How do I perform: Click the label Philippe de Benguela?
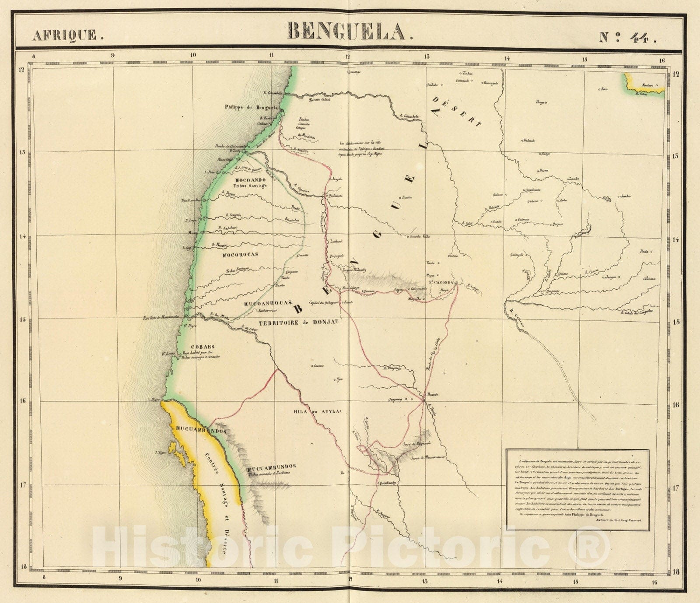click(x=251, y=107)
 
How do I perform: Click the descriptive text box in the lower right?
click(x=577, y=486)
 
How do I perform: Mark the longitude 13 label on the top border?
click(x=427, y=56)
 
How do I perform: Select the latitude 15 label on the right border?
click(x=676, y=322)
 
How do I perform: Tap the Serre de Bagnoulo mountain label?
click(x=414, y=445)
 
